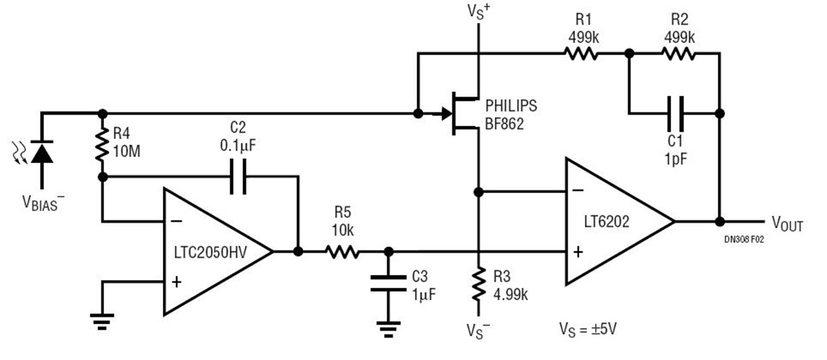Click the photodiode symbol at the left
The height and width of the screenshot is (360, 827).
(43, 153)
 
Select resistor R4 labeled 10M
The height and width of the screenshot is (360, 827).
(102, 144)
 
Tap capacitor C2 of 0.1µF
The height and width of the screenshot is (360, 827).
(238, 176)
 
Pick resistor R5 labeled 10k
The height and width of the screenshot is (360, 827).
(342, 251)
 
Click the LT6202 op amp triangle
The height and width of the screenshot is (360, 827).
(616, 221)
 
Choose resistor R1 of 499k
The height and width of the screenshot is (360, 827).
(580, 53)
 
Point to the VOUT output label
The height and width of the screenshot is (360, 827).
(787, 224)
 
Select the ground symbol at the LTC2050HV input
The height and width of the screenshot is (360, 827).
(102, 321)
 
